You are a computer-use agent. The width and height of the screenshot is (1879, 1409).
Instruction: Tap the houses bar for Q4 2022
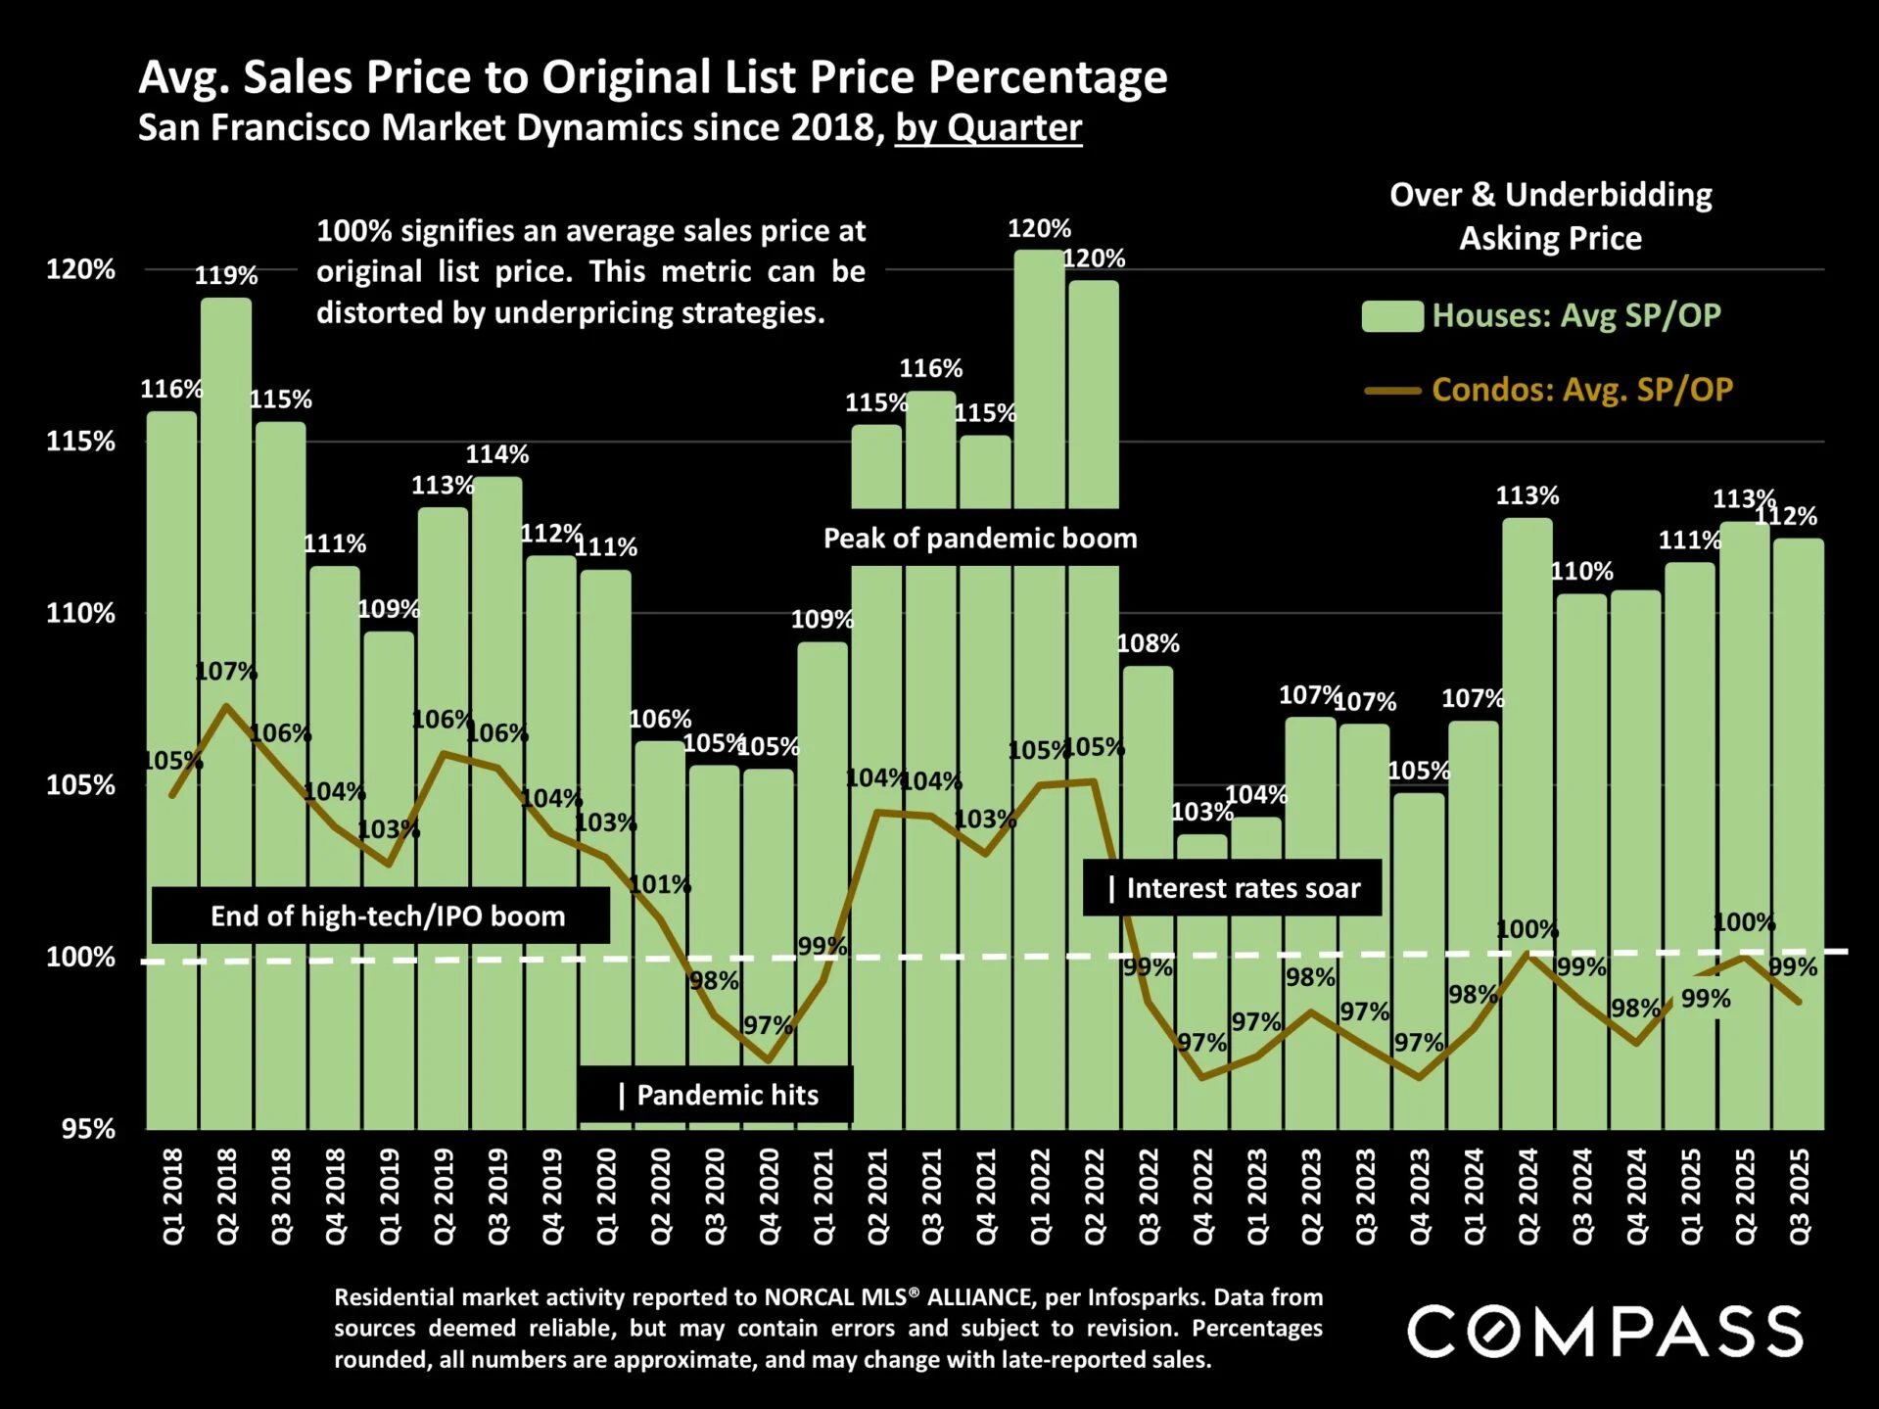(1201, 979)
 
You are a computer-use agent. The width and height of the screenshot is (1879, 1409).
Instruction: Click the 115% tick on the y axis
(80, 442)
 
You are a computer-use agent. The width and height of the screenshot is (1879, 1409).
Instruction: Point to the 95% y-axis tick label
(88, 1129)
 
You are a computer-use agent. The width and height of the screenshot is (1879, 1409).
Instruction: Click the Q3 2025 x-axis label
(1800, 1197)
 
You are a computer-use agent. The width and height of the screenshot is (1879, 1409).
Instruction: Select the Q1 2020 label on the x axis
(607, 1197)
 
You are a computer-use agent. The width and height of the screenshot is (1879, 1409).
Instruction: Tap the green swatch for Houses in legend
(1391, 316)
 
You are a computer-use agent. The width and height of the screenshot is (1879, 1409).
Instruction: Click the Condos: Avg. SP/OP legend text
(1581, 390)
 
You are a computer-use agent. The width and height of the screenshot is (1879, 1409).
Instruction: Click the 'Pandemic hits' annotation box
(717, 1095)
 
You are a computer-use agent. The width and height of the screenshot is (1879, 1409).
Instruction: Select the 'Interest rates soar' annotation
(1233, 888)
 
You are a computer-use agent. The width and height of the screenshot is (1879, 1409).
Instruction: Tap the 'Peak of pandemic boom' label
(980, 538)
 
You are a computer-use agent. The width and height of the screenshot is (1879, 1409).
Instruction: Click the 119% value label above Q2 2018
(226, 275)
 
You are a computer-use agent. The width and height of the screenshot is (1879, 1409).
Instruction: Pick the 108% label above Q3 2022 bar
(1148, 643)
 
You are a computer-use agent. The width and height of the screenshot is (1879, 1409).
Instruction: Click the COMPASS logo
(1605, 1332)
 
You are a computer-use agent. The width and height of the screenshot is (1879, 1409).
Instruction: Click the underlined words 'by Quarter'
(988, 128)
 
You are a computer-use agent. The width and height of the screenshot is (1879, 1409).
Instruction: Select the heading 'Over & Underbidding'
(1550, 194)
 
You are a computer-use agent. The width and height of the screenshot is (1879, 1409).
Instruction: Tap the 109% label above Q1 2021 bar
(822, 619)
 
